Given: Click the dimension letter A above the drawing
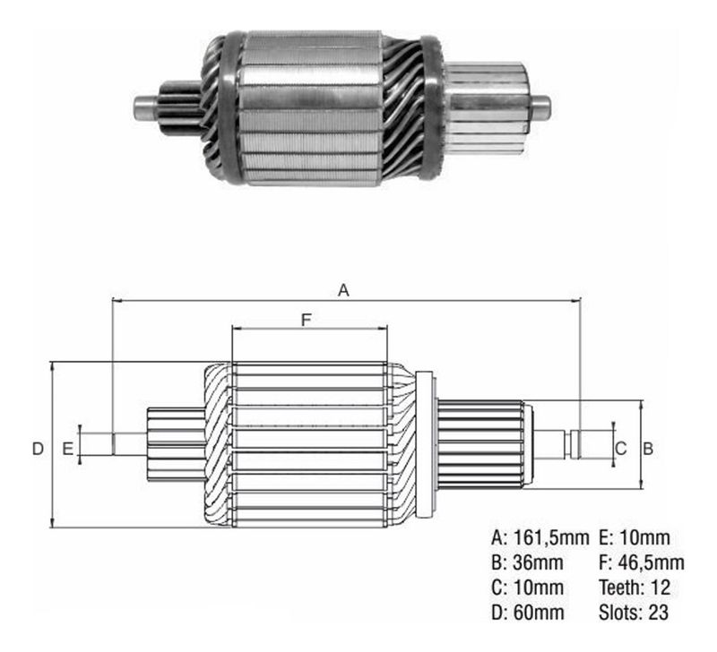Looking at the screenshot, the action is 343,289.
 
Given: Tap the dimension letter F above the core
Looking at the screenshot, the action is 306,320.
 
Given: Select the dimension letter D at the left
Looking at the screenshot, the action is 38,449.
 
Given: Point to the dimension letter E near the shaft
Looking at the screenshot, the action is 68,449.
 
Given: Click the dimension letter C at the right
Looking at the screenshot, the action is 620,449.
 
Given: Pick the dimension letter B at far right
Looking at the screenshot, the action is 648,449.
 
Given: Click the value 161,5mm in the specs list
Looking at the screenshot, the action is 551,537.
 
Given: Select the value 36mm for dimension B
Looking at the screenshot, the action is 538,562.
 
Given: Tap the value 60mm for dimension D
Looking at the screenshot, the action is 539,613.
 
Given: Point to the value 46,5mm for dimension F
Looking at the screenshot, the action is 652,563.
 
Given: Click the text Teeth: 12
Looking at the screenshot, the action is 635,588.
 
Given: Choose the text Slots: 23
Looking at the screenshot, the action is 634,613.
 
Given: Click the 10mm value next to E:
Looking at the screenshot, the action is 644,537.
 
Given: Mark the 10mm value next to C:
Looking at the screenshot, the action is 539,588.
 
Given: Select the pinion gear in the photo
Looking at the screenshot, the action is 181,108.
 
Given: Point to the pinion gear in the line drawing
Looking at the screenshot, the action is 176,444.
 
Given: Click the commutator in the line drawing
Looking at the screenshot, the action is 480,443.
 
